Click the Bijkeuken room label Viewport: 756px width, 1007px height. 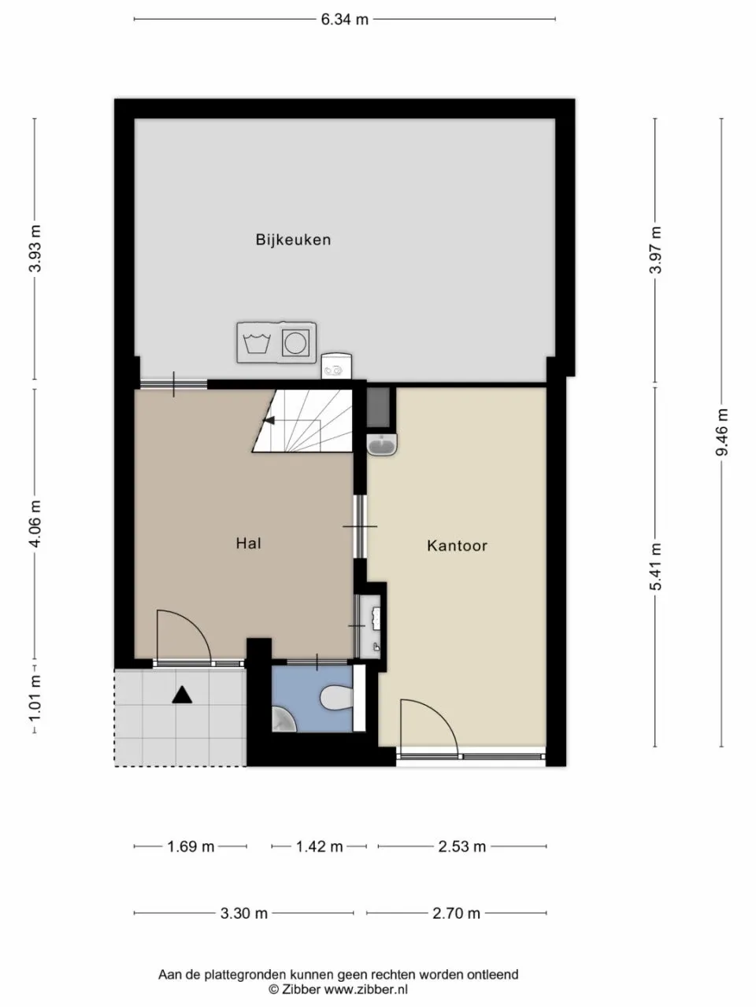point(293,240)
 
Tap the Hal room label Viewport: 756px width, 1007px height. point(248,543)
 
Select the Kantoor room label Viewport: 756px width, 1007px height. point(457,545)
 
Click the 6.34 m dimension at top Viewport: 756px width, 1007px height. point(344,20)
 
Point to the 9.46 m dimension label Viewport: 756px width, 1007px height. point(721,432)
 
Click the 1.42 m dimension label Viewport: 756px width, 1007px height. point(319,847)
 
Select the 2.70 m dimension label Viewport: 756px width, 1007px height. point(456,913)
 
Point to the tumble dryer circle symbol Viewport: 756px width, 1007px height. point(296,343)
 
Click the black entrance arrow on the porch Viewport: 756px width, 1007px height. point(182,694)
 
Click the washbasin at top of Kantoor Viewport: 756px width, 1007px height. point(384,445)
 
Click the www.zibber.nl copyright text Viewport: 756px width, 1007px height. point(339,990)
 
